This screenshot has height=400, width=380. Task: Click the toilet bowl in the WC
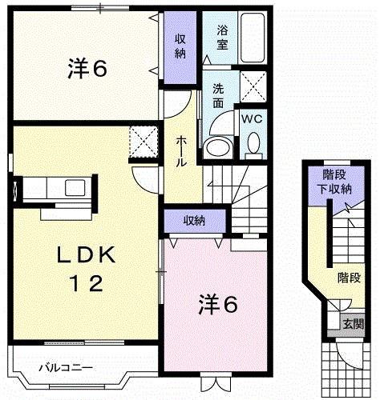click(253, 143)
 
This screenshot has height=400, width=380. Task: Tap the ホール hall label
click(182, 150)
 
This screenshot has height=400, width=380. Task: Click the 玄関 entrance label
click(353, 324)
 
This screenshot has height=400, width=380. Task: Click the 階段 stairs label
click(349, 278)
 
